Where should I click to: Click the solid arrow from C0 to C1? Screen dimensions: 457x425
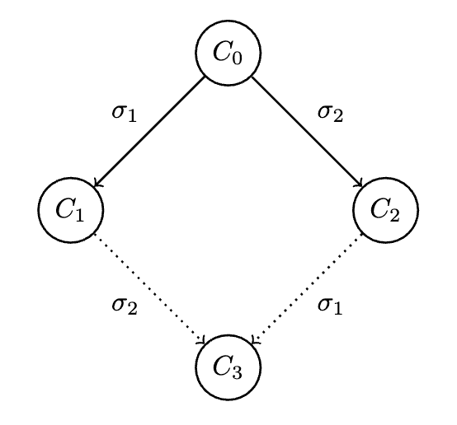click(x=149, y=131)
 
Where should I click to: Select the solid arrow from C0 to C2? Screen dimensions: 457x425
click(x=307, y=131)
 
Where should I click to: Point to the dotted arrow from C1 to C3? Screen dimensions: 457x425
click(x=149, y=289)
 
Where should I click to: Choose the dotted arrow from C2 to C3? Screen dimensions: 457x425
click(x=307, y=289)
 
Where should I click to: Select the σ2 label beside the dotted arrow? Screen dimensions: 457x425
click(x=125, y=306)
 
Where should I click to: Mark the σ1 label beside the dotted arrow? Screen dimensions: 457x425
click(x=330, y=306)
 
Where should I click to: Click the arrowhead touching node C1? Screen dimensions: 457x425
click(x=97, y=184)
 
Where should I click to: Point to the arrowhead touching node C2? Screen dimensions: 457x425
click(x=359, y=184)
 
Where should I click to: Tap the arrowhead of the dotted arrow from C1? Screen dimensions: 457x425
click(x=202, y=341)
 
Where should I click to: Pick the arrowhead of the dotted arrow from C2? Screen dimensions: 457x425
click(x=254, y=341)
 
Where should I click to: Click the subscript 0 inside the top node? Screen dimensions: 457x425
click(x=238, y=58)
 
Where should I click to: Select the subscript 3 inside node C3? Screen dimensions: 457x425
click(x=238, y=372)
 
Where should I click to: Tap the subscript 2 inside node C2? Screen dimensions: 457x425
click(x=394, y=215)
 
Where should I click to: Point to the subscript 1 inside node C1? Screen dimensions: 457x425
click(x=79, y=215)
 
